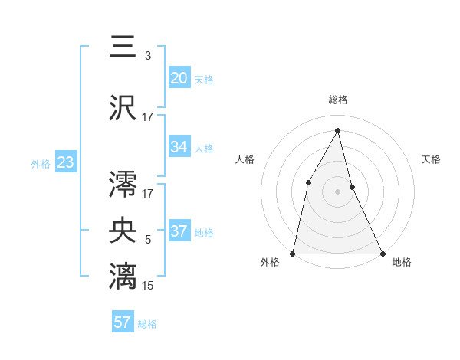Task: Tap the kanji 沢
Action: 123,107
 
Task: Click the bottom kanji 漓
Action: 123,276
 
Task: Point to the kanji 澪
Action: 123,184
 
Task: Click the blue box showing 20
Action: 179,77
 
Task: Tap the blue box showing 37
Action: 179,231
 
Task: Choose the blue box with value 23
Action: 65,162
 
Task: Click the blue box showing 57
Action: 123,322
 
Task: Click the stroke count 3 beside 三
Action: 148,56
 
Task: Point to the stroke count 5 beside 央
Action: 148,240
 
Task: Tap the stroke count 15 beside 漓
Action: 147,286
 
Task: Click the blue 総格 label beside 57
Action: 147,324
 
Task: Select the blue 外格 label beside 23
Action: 41,163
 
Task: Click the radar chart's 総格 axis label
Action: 337,100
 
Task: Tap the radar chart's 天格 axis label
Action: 431,159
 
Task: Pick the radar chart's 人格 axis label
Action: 245,159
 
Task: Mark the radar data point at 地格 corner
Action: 382,253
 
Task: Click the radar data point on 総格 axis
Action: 337,130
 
